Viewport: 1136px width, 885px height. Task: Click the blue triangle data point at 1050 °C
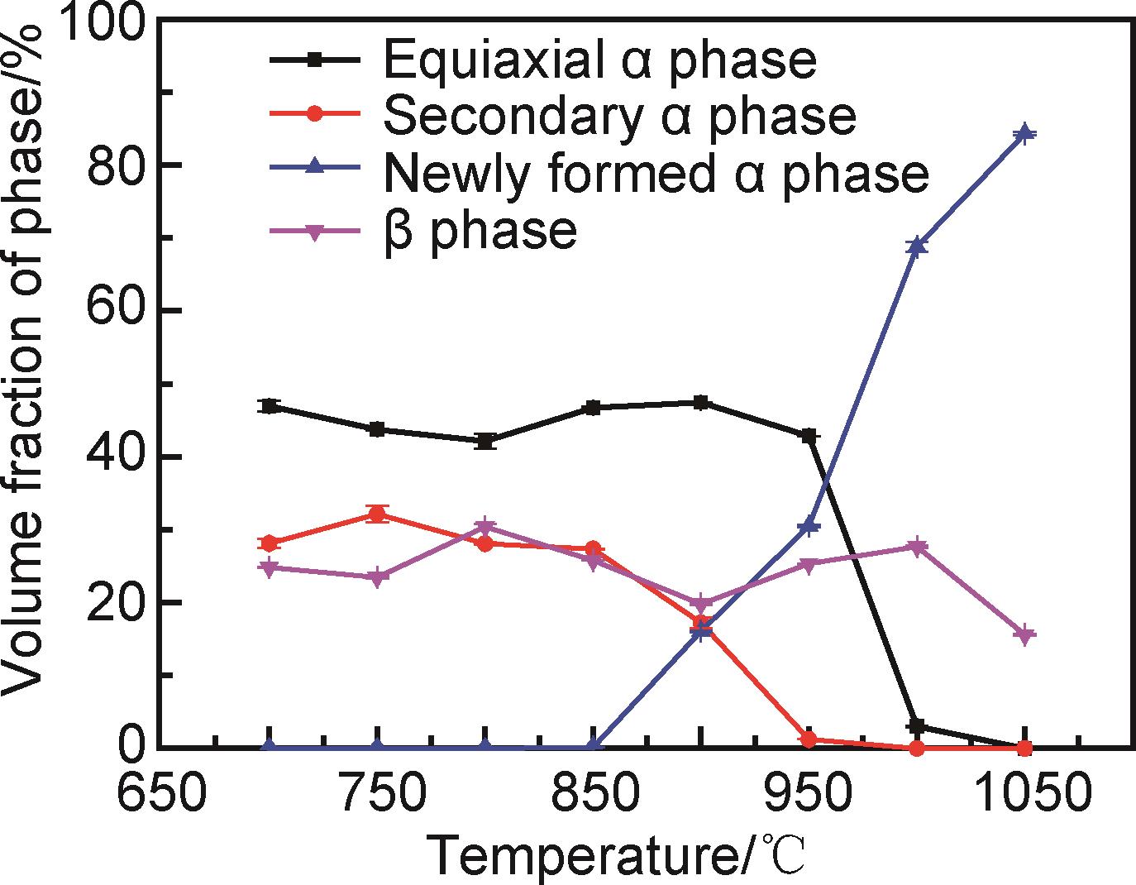pyautogui.click(x=1024, y=134)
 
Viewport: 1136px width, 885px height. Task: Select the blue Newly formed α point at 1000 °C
pyautogui.click(x=916, y=246)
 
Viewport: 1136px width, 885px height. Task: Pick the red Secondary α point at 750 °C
pyautogui.click(x=377, y=514)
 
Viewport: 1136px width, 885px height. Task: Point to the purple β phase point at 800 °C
pyautogui.click(x=485, y=527)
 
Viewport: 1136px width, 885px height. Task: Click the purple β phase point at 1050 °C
pyautogui.click(x=1024, y=635)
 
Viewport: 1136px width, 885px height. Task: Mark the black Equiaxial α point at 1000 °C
pyautogui.click(x=916, y=726)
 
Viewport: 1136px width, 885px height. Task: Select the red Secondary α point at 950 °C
pyautogui.click(x=809, y=739)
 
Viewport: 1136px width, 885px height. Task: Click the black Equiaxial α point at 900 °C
pyautogui.click(x=701, y=403)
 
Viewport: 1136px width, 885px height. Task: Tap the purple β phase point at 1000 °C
pyautogui.click(x=916, y=547)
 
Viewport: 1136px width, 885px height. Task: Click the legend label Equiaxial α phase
pyautogui.click(x=599, y=60)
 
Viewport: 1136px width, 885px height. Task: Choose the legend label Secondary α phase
pyautogui.click(x=619, y=116)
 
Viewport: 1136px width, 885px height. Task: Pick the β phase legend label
pyautogui.click(x=480, y=229)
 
